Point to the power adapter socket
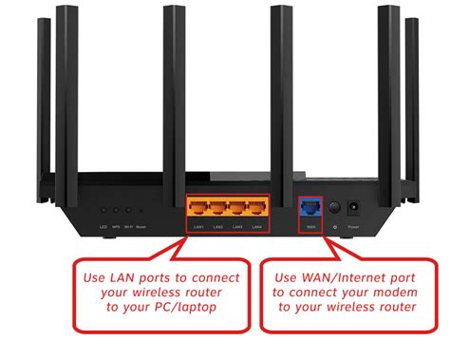pos(353,207)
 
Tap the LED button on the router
pos(103,211)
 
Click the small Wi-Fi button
pos(127,211)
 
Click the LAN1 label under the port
pos(197,227)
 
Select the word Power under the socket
pos(353,228)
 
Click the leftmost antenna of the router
pos(43,95)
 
